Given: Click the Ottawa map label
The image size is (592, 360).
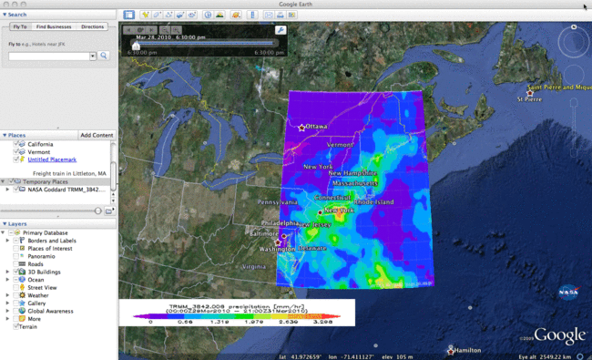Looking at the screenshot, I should tap(317, 126).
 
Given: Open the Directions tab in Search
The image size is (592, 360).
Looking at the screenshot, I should tap(93, 27).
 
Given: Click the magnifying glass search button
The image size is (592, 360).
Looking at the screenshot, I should tap(105, 56).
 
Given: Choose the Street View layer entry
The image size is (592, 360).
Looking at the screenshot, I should tap(40, 287).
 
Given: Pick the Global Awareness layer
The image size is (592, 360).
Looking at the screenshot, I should tap(49, 311).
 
